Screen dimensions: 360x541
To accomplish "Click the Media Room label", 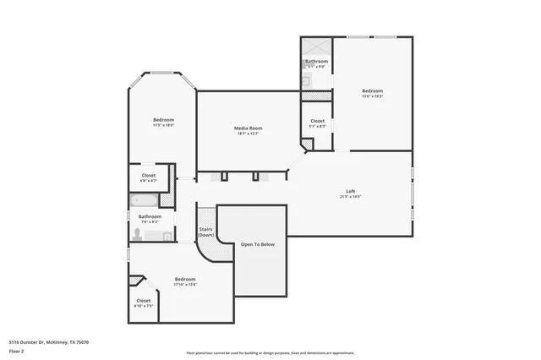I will (247, 128).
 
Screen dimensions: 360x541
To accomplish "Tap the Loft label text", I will (350, 191).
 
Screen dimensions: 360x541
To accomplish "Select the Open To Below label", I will (258, 244).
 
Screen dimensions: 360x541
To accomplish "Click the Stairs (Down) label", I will (205, 232).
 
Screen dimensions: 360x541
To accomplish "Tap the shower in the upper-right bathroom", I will (318, 47).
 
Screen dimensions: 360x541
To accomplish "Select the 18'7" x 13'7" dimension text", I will (247, 134).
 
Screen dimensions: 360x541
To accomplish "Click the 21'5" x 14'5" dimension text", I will (350, 197).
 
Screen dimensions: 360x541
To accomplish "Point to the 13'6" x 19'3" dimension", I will (373, 96).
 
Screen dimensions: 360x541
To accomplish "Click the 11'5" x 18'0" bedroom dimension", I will (164, 125).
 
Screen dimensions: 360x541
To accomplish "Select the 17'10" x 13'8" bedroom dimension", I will (185, 285).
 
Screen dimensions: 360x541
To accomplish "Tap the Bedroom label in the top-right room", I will (373, 90).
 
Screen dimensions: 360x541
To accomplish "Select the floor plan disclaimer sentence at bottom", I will (270, 353).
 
